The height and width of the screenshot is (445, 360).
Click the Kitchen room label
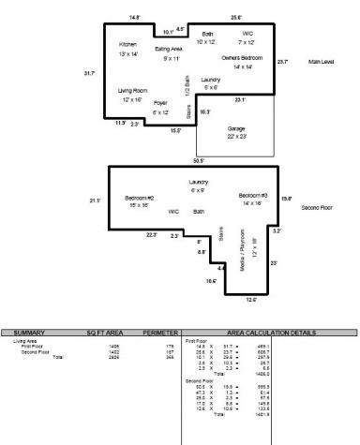[127, 44]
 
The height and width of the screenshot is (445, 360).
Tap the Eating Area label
[169, 49]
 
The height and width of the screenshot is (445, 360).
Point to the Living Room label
[132, 91]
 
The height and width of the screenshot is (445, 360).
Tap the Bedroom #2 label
[139, 198]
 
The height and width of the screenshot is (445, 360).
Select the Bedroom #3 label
[253, 195]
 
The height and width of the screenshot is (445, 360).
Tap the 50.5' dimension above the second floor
[195, 161]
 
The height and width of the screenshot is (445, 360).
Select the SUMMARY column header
[30, 332]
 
